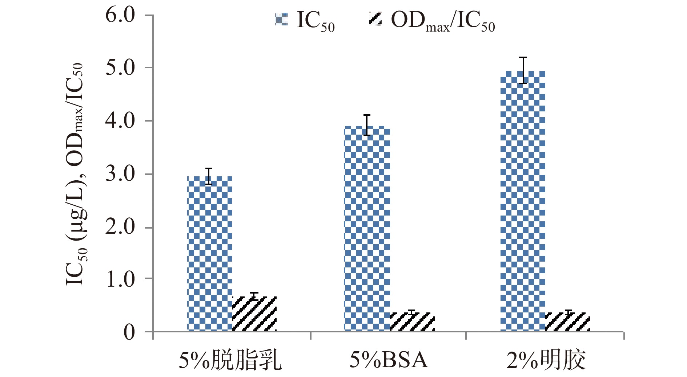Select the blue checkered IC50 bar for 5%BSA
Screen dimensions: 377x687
pyautogui.click(x=367, y=229)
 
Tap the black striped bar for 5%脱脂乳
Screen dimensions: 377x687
pyautogui.click(x=254, y=314)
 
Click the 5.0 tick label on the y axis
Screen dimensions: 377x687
pyautogui.click(x=120, y=68)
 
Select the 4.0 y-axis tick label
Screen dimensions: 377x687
pyautogui.click(x=120, y=121)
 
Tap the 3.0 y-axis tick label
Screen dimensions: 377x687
pyautogui.click(x=120, y=174)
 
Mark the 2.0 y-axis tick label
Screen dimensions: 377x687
pyautogui.click(x=120, y=228)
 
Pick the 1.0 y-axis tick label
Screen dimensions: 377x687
pyautogui.click(x=120, y=279)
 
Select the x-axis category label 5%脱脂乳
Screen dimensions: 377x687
pyautogui.click(x=230, y=360)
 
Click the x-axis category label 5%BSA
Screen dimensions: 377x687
pyautogui.click(x=388, y=360)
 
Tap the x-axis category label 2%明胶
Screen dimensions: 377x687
pyautogui.click(x=546, y=360)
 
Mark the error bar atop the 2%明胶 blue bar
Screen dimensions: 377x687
pyautogui.click(x=523, y=70)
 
